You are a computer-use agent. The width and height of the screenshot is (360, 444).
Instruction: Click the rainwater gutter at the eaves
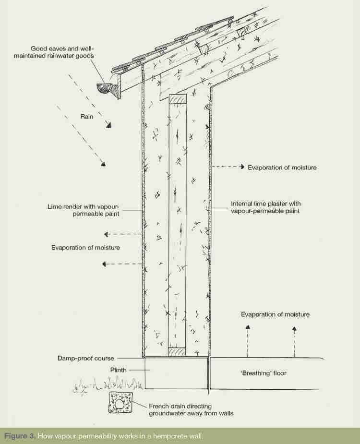tap(106, 89)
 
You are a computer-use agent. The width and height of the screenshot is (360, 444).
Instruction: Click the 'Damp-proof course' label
tap(85, 358)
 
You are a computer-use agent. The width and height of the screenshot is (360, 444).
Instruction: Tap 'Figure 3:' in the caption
tap(20, 436)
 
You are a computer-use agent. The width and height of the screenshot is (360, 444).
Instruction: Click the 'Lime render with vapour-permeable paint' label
tap(83, 210)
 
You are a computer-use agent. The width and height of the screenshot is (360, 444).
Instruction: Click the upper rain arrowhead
tap(109, 126)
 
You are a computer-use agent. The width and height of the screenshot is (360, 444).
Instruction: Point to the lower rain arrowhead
tap(102, 164)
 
